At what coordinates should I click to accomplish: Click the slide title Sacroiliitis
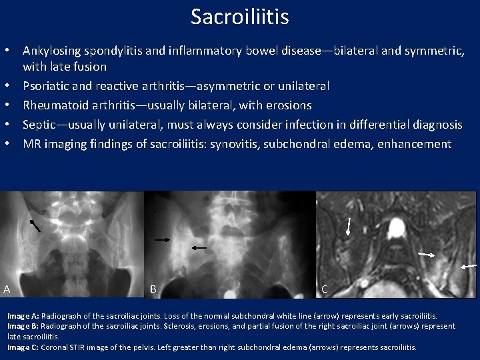239,16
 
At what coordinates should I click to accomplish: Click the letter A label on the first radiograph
7,289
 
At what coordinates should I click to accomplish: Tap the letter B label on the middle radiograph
153,289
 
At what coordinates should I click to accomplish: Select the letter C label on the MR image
324,289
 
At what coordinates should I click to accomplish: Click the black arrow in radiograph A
35,225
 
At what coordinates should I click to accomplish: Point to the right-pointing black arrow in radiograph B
162,238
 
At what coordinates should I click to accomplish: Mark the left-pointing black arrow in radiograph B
199,247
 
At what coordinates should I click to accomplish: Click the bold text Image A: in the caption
23,315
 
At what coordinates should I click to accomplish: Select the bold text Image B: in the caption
23,326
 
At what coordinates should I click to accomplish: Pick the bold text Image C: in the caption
23,347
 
